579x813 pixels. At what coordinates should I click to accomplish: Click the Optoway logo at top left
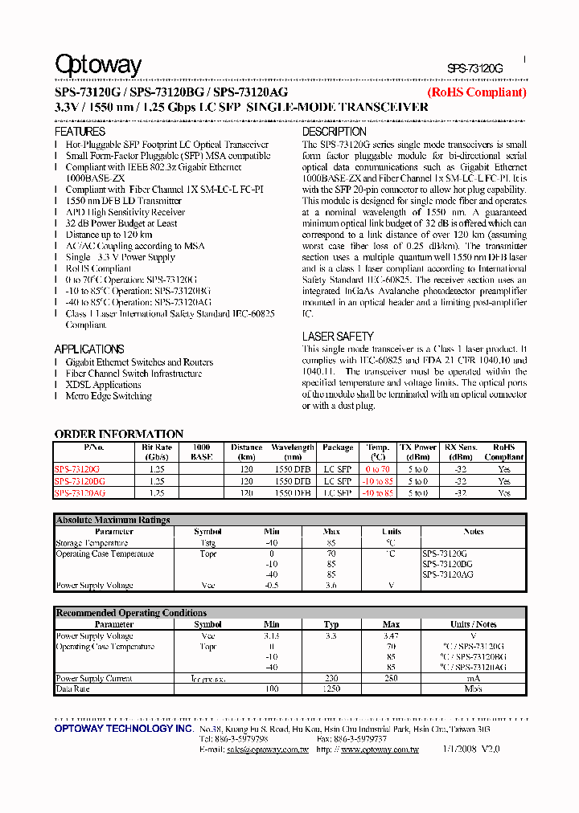98,65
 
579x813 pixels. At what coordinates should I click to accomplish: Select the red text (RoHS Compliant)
476,92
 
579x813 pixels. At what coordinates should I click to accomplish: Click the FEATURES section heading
80,132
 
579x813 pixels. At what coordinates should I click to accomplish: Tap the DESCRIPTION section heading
334,132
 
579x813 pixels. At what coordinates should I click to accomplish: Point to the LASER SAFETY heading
338,337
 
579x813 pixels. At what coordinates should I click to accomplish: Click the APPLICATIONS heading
89,349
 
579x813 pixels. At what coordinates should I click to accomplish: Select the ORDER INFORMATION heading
119,434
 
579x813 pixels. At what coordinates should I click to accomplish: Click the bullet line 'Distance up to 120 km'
109,235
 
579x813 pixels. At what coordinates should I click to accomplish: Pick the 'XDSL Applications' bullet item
103,385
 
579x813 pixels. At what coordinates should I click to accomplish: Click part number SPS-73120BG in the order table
80,481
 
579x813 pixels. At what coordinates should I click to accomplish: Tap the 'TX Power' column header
418,447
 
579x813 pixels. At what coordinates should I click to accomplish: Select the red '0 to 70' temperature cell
377,469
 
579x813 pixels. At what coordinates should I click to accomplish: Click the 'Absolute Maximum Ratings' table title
113,521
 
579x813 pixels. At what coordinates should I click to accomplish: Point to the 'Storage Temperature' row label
92,543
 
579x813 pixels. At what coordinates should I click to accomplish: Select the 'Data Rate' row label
72,689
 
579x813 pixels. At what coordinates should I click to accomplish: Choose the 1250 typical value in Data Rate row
331,689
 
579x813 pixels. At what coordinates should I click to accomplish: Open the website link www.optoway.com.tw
379,750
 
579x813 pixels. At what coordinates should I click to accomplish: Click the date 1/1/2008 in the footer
457,750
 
